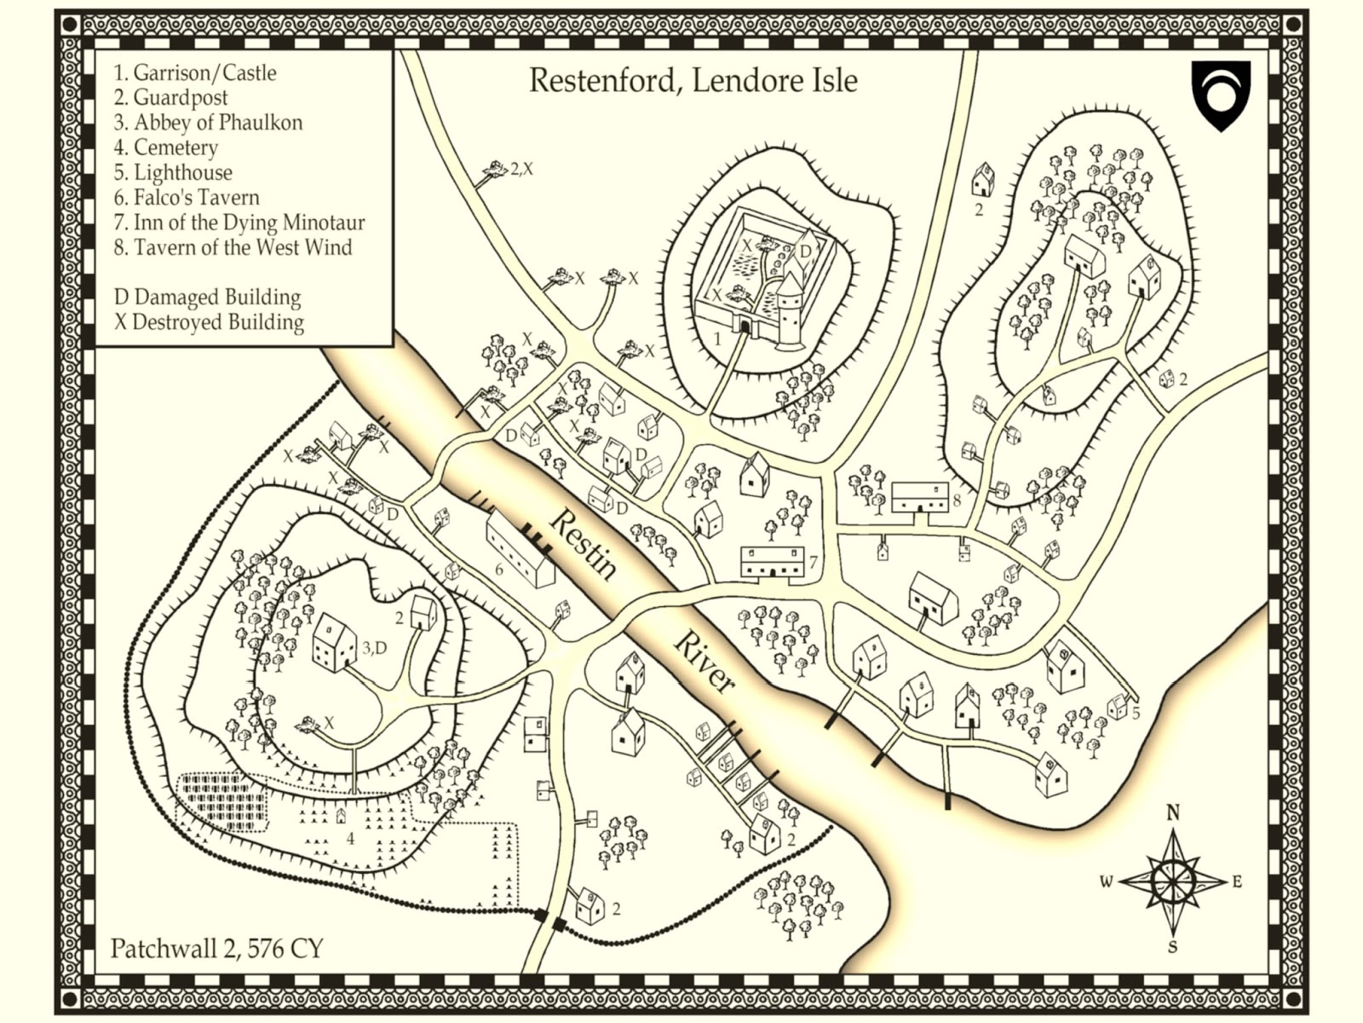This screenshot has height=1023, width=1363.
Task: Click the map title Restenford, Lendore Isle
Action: pos(693,80)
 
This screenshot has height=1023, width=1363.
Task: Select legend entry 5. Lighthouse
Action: pos(173,172)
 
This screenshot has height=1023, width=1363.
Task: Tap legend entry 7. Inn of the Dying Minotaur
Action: pos(239,223)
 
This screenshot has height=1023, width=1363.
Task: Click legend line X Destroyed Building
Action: pos(209,322)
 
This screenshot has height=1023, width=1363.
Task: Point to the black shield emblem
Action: pos(1221,93)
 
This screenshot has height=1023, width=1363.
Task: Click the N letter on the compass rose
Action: pos(1173,812)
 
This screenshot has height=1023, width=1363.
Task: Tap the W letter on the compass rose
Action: pos(1106,881)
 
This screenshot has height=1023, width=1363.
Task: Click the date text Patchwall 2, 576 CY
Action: pos(216,949)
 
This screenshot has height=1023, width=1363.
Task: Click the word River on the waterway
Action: pos(705,662)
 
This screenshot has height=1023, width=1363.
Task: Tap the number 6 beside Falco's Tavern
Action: pos(499,569)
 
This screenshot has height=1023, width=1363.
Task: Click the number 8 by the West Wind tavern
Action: pos(957,500)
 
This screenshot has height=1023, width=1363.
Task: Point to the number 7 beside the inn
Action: pos(814,562)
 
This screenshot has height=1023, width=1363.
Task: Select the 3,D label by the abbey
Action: pos(374,648)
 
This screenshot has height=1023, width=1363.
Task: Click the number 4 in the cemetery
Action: pos(350,839)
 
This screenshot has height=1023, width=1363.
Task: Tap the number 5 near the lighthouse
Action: pos(1136,712)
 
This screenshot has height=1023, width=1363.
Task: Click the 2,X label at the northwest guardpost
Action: pos(521,169)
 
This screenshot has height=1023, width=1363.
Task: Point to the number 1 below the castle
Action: pos(717,338)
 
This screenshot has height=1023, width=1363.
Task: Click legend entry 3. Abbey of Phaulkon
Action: pos(208,123)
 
